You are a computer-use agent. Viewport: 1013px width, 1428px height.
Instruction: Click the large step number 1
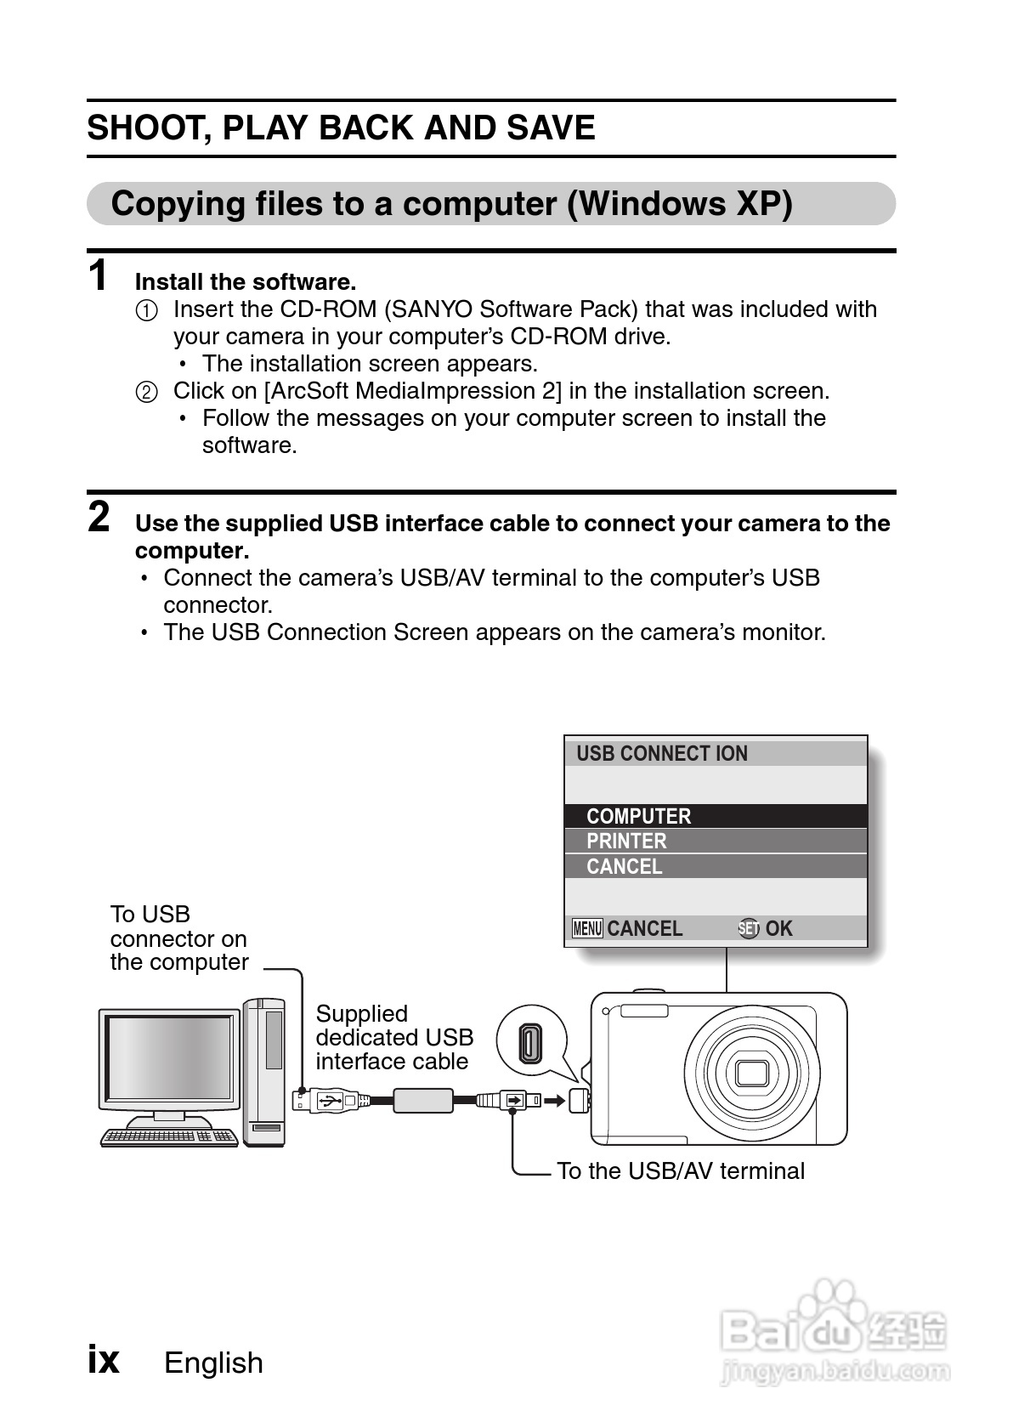click(99, 275)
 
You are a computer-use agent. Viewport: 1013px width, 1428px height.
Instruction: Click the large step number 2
click(99, 517)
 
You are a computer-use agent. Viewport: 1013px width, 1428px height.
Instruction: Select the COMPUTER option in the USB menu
click(638, 816)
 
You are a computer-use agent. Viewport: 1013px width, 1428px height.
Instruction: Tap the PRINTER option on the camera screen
click(626, 841)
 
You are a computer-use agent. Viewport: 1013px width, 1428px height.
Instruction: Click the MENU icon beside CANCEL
click(587, 928)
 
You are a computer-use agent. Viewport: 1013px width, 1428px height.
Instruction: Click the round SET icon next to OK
click(748, 928)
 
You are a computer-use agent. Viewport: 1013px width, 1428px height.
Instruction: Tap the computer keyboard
click(169, 1136)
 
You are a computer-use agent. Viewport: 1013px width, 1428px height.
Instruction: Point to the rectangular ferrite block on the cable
click(422, 1102)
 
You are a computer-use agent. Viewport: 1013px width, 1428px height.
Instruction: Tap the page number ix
click(104, 1361)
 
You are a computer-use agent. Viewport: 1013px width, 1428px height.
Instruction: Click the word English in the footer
click(213, 1363)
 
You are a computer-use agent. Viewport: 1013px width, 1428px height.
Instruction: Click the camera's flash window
click(643, 1011)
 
